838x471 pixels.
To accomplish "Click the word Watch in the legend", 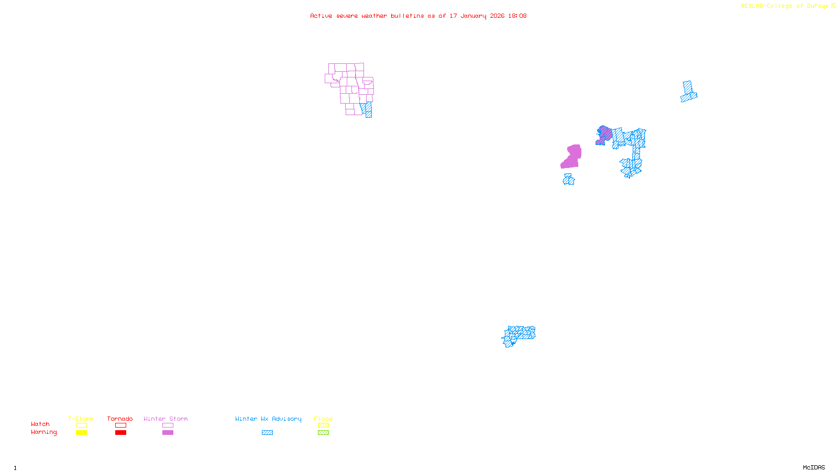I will [x=40, y=424].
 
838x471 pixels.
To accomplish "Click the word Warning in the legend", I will [x=43, y=432].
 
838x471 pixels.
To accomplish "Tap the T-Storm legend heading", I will [x=81, y=419].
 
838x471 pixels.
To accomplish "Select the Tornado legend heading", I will [x=120, y=419].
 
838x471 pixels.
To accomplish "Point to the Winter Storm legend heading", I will [x=166, y=419].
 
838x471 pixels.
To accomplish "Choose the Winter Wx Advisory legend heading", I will [x=268, y=419].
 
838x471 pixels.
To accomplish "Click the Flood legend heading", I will [x=323, y=419].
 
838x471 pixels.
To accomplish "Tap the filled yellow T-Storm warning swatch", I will [x=81, y=433].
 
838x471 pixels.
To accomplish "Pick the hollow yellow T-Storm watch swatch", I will [x=81, y=425].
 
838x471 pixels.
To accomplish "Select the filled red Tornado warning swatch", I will [x=121, y=433].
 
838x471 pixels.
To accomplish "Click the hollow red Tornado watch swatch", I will [x=121, y=425].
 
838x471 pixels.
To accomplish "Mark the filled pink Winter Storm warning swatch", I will [x=168, y=433].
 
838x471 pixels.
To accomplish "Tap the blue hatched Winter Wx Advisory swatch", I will [x=267, y=433].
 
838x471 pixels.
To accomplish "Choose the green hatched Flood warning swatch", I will [x=324, y=433].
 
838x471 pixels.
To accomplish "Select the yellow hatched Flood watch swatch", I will [x=324, y=425].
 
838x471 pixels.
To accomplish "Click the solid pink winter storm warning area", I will [x=572, y=157].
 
